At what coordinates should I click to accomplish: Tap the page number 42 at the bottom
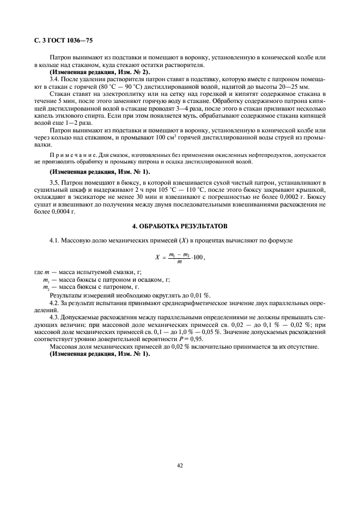[180, 465]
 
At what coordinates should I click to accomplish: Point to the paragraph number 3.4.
[55, 80]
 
